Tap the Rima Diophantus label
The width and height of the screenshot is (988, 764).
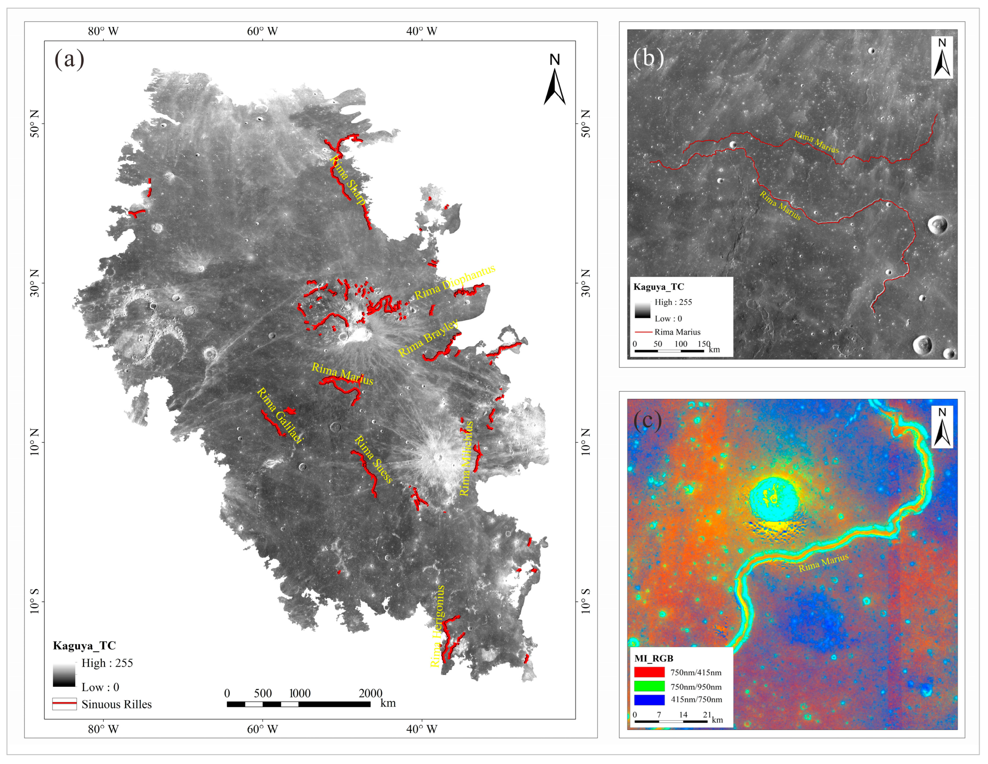coord(455,282)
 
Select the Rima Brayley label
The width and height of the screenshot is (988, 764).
coord(428,338)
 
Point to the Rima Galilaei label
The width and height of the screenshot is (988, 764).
coord(279,415)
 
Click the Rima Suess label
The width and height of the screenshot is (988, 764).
coord(373,459)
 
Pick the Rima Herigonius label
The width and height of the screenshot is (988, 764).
coord(437,626)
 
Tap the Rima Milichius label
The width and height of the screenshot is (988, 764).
coord(467,458)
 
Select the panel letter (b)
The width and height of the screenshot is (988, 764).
coord(648,57)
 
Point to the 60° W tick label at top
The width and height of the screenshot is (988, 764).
coord(262,31)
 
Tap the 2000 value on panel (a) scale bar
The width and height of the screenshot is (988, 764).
coord(371,693)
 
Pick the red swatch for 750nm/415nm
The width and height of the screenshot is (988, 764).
coord(649,672)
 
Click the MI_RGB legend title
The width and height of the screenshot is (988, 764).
coord(654,659)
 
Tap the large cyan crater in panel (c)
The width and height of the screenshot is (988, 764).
coord(774,499)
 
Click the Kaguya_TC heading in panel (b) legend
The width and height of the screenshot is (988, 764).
coord(658,287)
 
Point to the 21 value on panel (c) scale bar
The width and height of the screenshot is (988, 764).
coord(707,715)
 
